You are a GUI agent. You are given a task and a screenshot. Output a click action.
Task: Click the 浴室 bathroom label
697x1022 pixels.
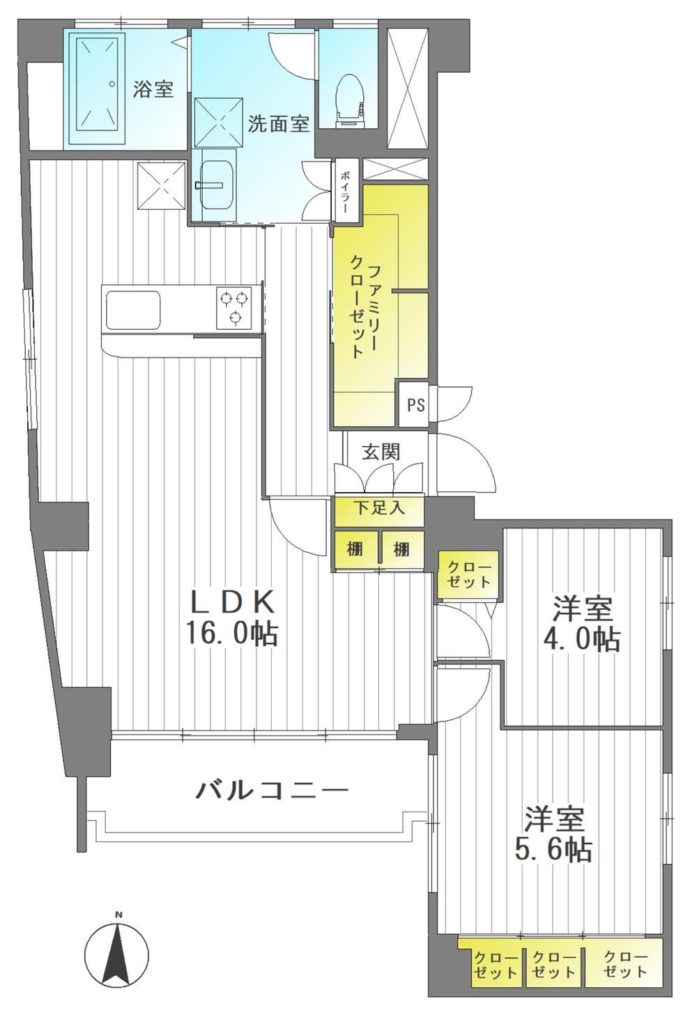point(153,89)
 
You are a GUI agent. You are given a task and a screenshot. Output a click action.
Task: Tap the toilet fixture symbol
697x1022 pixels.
point(348,100)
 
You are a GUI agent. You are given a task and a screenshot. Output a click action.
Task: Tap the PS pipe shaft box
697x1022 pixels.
point(415,405)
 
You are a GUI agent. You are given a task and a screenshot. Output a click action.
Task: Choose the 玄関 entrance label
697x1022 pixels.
point(381,452)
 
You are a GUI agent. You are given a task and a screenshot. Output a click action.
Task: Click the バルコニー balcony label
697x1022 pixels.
point(273,789)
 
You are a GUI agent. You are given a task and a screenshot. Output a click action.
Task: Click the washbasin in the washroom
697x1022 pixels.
point(217,184)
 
